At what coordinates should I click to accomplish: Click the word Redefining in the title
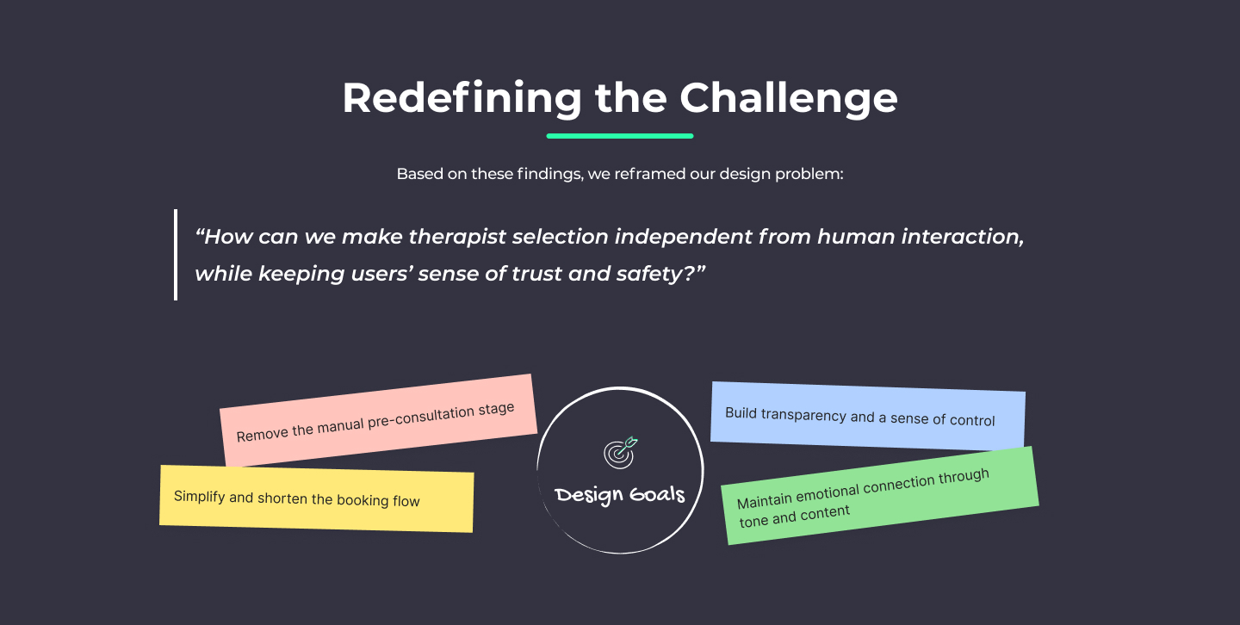pyautogui.click(x=462, y=98)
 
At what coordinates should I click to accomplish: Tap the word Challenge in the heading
pyautogui.click(x=788, y=98)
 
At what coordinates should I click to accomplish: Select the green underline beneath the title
pyautogui.click(x=619, y=136)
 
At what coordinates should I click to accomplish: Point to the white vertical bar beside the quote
pyautogui.click(x=176, y=255)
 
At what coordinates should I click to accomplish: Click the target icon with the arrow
pyautogui.click(x=621, y=453)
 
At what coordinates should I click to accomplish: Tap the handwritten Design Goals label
pyautogui.click(x=620, y=494)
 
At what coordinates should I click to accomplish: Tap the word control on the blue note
pyautogui.click(x=972, y=420)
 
